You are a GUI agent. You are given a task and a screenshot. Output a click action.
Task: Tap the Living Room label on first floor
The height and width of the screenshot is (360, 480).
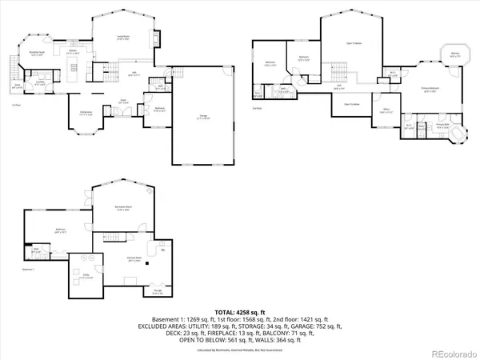click(x=125, y=38)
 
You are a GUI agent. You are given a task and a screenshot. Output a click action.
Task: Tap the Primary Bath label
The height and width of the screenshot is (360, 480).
click(x=440, y=125)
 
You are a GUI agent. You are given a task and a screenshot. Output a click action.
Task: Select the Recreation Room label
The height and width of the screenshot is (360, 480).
click(x=122, y=206)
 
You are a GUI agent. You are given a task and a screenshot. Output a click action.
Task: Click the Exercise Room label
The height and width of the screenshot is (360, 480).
click(x=134, y=258)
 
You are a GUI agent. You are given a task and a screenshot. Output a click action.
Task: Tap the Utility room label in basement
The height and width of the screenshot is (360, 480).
click(x=82, y=277)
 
